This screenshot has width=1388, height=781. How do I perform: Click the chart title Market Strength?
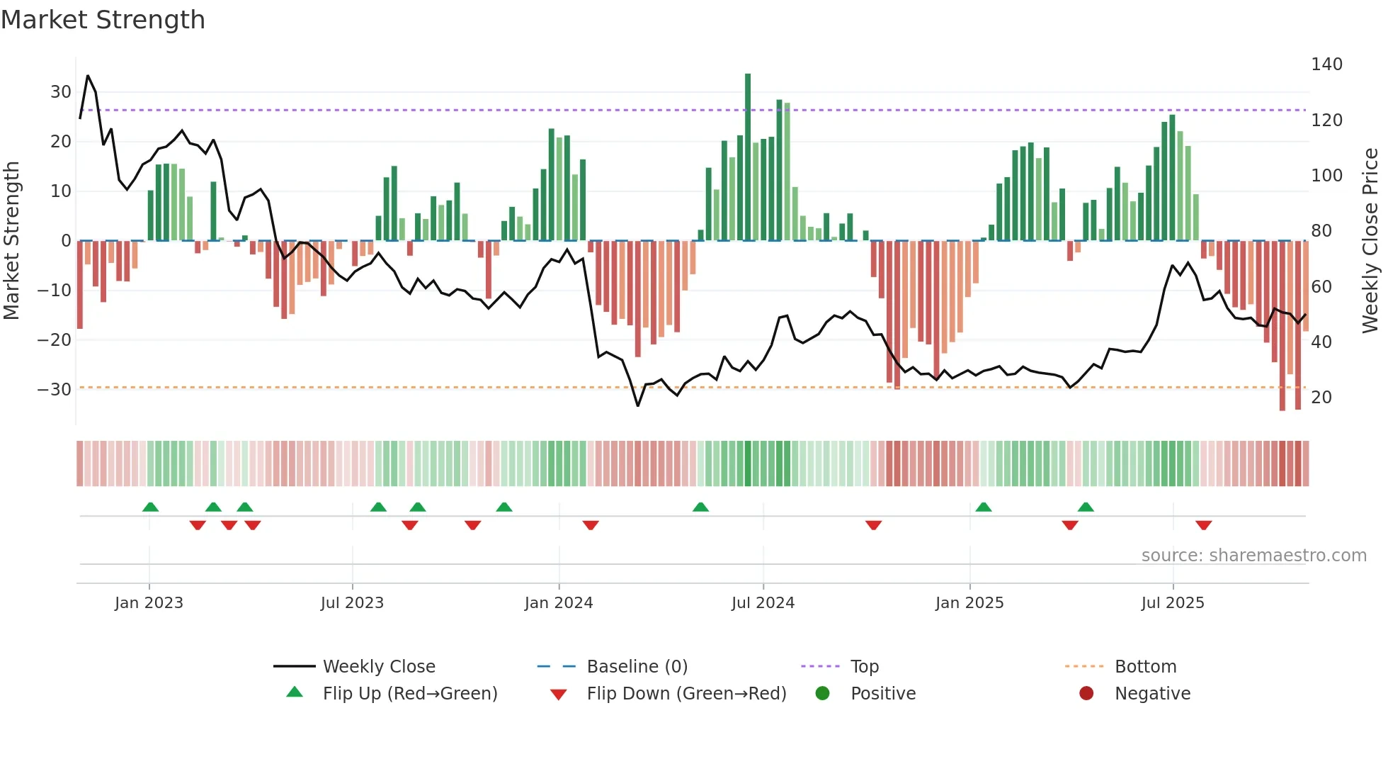[x=103, y=20]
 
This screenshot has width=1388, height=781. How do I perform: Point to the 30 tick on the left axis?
[x=61, y=92]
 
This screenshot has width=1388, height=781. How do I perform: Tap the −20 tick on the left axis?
[x=55, y=340]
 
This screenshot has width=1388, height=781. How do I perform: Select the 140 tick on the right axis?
[x=1326, y=64]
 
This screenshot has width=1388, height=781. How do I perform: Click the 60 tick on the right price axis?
[x=1321, y=287]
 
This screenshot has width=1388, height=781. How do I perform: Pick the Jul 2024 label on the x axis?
[x=763, y=603]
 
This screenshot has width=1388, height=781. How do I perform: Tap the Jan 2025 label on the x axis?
[x=969, y=603]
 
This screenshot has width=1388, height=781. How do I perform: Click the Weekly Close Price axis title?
[x=1370, y=241]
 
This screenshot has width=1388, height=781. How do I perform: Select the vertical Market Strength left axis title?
[x=11, y=241]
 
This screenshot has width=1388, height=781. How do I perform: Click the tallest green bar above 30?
[x=748, y=156]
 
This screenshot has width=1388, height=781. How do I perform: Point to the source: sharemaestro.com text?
[x=1253, y=556]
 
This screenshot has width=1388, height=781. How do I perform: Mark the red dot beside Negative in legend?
[x=1086, y=694]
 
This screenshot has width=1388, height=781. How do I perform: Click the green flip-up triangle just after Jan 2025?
[x=984, y=507]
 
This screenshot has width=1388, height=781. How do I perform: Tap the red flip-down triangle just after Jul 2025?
[x=1204, y=525]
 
